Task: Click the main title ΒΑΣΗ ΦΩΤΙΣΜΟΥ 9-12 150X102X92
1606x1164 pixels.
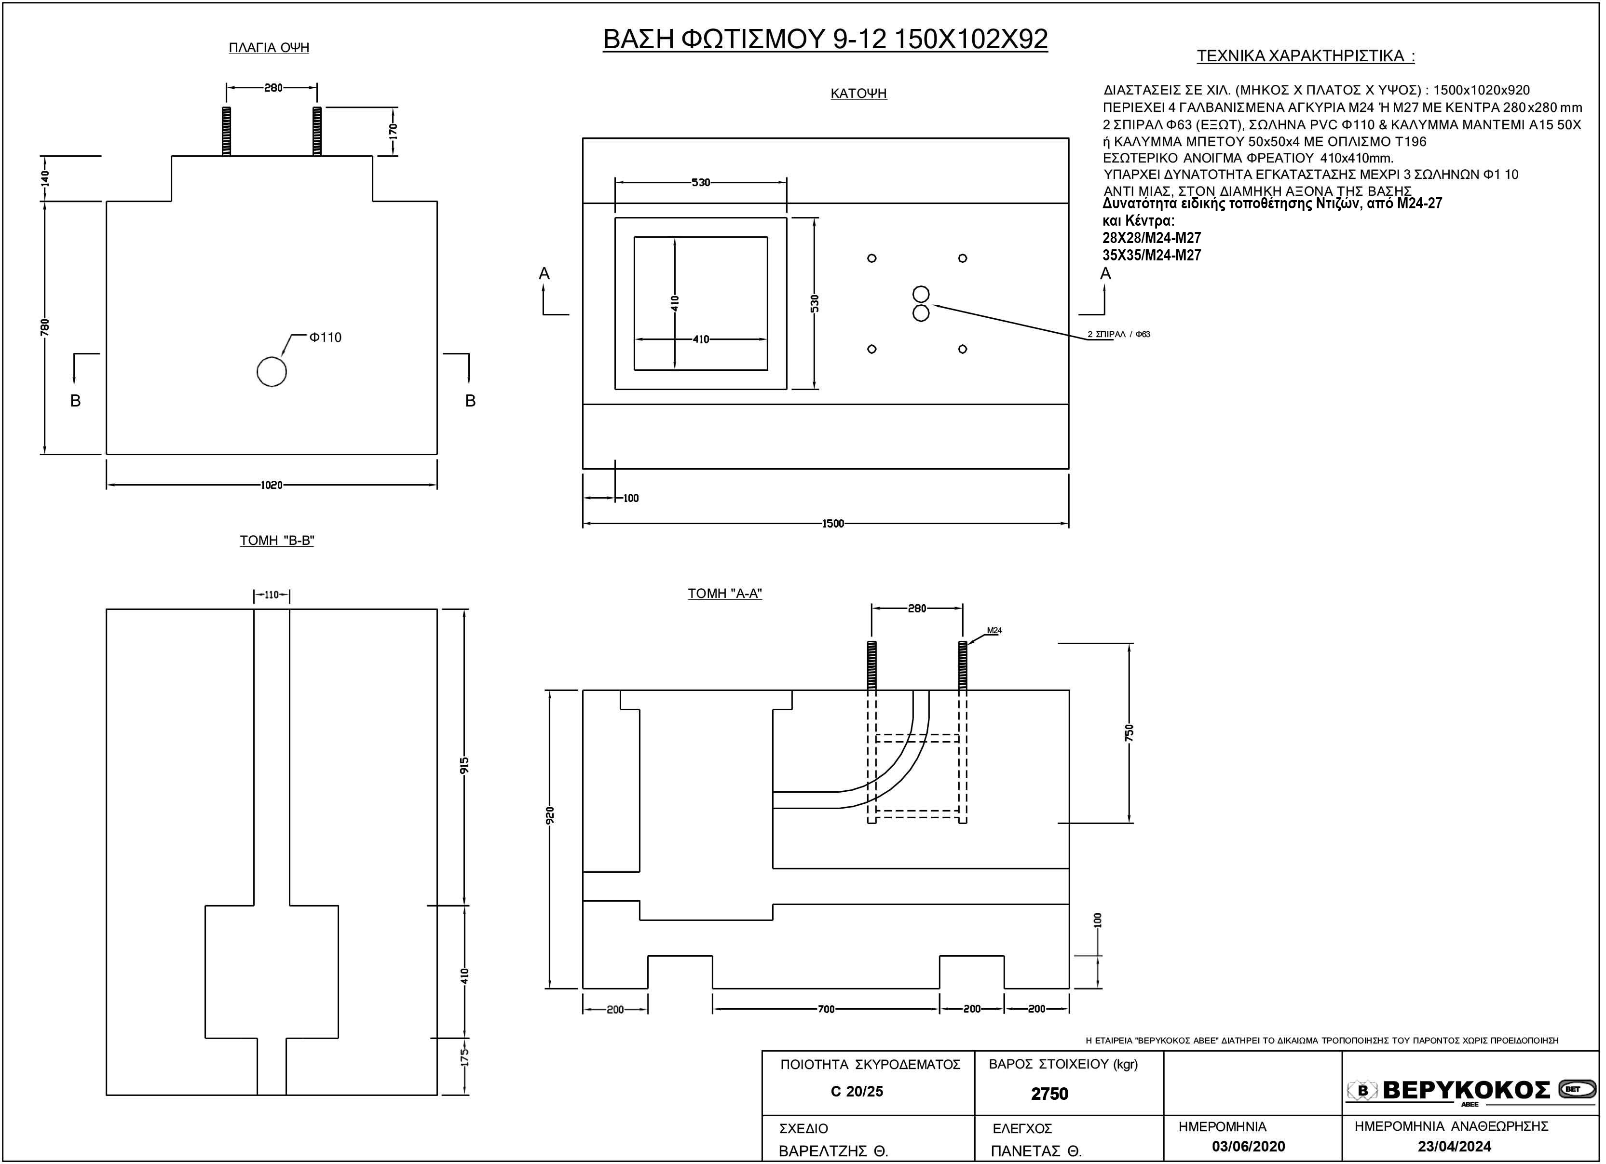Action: pos(826,40)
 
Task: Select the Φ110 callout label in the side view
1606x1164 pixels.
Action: pos(326,337)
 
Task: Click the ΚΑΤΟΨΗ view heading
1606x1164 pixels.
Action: pos(859,94)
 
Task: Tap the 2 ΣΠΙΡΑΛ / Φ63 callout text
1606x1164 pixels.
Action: pos(1119,334)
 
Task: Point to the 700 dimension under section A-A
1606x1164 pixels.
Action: pos(826,1009)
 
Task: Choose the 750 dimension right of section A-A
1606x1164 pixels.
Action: pos(1130,732)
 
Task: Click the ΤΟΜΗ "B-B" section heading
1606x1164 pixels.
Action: pos(277,540)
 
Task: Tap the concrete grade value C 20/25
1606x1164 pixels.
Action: pos(857,1091)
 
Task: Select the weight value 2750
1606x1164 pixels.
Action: pos(1049,1094)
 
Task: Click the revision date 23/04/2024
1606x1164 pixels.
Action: pos(1455,1146)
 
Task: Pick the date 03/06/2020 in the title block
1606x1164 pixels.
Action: pos(1249,1146)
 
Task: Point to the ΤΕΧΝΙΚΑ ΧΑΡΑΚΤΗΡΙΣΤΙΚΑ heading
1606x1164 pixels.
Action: pos(1306,56)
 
